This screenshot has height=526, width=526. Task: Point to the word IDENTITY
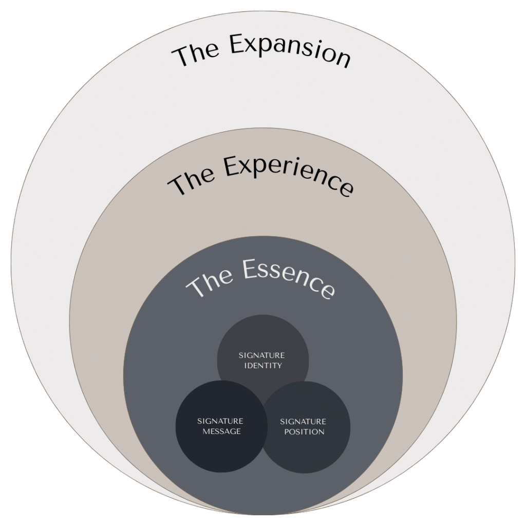pyautogui.click(x=262, y=366)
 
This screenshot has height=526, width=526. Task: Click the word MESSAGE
pyautogui.click(x=221, y=431)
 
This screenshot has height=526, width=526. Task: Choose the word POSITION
pyautogui.click(x=303, y=432)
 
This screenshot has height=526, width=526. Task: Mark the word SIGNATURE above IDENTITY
pyautogui.click(x=262, y=355)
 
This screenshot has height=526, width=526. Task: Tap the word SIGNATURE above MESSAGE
pyautogui.click(x=220, y=421)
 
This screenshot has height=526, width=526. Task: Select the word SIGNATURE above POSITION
pyautogui.click(x=303, y=422)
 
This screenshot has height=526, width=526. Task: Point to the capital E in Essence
pyautogui.click(x=246, y=271)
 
